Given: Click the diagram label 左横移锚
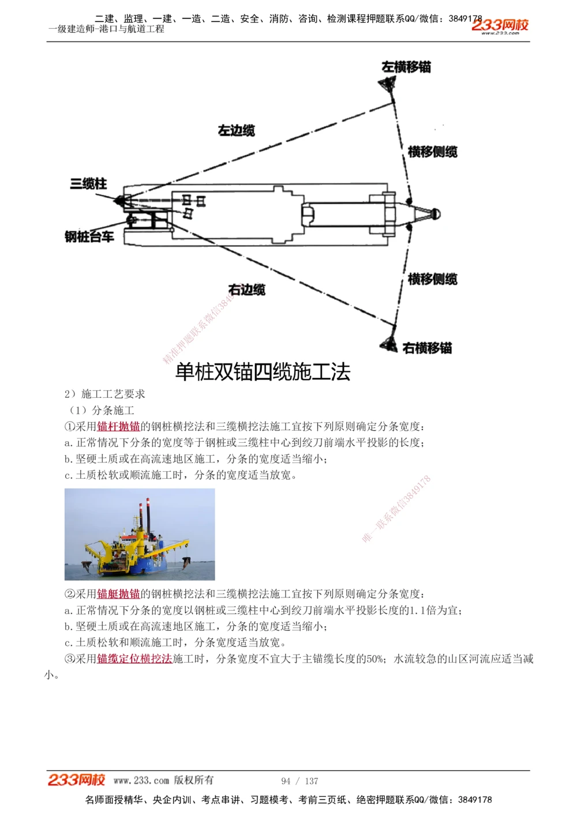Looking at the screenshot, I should click(406, 67).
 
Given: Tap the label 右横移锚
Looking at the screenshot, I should click(427, 348).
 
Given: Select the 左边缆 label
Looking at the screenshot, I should click(236, 130).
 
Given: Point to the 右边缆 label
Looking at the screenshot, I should click(246, 289).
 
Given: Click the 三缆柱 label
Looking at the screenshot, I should click(88, 184).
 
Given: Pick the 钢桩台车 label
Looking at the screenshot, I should click(89, 236).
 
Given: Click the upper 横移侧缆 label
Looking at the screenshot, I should click(432, 152).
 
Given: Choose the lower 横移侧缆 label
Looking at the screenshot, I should click(432, 279).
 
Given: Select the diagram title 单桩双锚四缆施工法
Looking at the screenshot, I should click(263, 372).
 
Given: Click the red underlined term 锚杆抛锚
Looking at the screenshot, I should click(118, 427).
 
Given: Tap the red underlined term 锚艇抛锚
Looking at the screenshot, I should click(118, 594).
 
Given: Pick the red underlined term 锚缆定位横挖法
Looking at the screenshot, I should click(134, 659).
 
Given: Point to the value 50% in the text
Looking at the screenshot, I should click(374, 659).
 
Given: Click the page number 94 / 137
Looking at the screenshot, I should click(299, 781).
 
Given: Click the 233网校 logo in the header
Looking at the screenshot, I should click(500, 25).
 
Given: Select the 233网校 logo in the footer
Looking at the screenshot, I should click(76, 780).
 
